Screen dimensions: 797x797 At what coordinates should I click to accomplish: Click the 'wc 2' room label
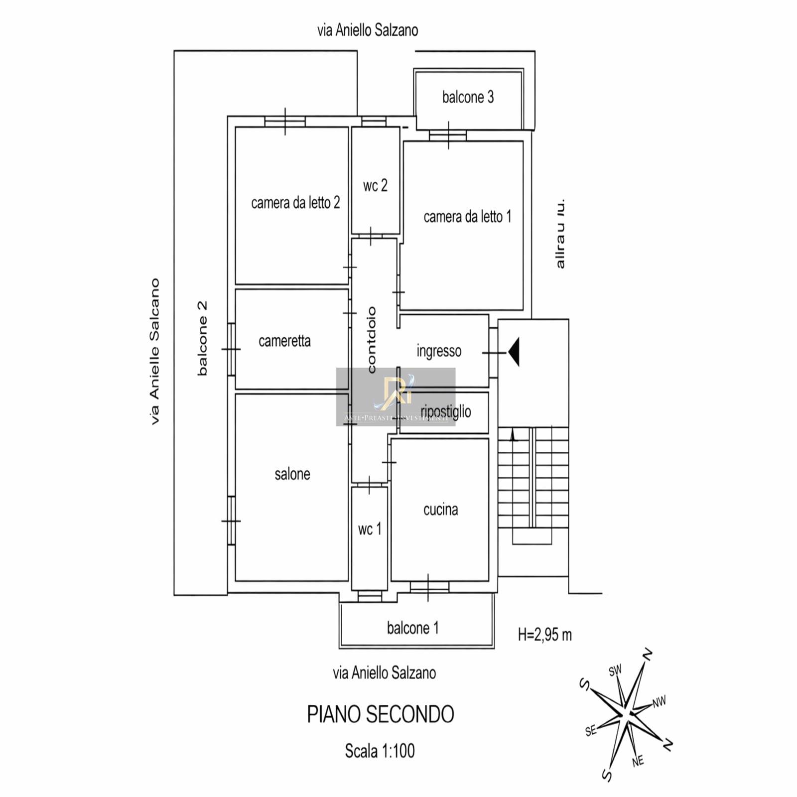pos(375,186)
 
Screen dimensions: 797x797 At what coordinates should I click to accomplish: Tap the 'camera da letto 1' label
pos(467,217)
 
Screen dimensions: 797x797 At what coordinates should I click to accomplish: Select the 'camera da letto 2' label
pos(295,203)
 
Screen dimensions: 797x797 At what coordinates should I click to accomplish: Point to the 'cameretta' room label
pos(284,341)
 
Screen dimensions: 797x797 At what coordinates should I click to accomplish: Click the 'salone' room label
pos(292,474)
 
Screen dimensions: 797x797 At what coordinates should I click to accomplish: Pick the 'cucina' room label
pos(440,510)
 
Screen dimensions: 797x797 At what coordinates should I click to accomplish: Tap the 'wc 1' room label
pos(370,529)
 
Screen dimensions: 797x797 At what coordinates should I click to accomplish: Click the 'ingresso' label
pos(439,351)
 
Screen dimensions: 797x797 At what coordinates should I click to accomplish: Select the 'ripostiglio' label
pos(446,411)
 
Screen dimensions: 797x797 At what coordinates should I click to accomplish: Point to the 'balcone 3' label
pos(468,97)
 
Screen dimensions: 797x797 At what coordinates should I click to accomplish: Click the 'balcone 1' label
pos(412,628)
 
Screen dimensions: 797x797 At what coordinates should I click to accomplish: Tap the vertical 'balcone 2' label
pos(202,338)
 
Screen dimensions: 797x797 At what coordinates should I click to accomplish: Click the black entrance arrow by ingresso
pos(515,352)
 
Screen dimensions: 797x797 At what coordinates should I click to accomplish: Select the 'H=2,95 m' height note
pos(545,635)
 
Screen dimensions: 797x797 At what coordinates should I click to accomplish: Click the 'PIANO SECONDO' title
pos(380,714)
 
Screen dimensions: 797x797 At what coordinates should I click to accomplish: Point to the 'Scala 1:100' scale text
pos(380,751)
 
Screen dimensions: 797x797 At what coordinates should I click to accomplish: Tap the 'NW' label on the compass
pos(659,702)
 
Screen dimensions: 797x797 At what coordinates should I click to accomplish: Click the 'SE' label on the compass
pos(591,731)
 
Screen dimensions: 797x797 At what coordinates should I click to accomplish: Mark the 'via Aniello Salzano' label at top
pos(368,30)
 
